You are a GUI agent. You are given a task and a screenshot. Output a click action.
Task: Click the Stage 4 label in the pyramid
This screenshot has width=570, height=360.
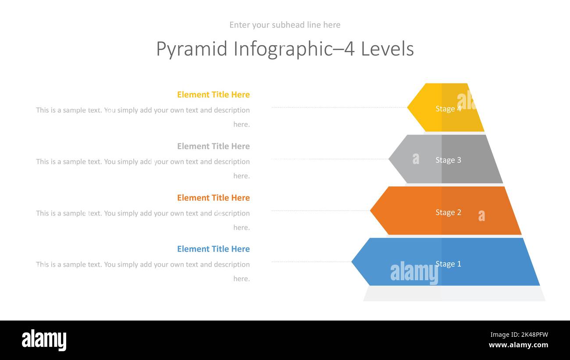[x=448, y=109]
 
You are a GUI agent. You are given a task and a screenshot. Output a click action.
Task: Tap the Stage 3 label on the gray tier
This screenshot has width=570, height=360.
[x=448, y=160]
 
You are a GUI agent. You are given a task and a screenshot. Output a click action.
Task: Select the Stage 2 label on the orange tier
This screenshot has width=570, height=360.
[x=448, y=212]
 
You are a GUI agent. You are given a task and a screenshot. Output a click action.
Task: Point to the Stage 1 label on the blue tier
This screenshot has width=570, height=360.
[x=448, y=264]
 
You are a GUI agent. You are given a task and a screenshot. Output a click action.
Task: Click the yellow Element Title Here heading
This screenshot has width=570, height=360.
[x=213, y=95]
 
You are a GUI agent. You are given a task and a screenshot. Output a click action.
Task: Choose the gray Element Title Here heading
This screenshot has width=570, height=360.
[x=213, y=146]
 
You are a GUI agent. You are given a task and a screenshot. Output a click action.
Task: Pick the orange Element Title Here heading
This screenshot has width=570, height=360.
[x=213, y=198]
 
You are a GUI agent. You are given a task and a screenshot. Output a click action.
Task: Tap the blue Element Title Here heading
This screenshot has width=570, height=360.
[x=213, y=249]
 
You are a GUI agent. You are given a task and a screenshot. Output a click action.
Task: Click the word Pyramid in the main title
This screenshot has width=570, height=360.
[x=192, y=49]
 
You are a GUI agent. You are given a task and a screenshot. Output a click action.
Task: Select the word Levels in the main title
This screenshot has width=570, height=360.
[x=387, y=49]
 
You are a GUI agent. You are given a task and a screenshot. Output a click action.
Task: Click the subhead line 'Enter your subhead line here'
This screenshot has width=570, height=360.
[x=285, y=25]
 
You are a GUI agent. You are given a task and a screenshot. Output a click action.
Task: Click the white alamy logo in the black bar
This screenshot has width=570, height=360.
[x=44, y=340]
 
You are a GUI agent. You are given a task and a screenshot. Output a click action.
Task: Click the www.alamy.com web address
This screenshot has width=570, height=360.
[x=518, y=345]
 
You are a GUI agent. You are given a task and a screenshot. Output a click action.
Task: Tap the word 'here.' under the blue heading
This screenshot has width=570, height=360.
[x=241, y=279]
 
